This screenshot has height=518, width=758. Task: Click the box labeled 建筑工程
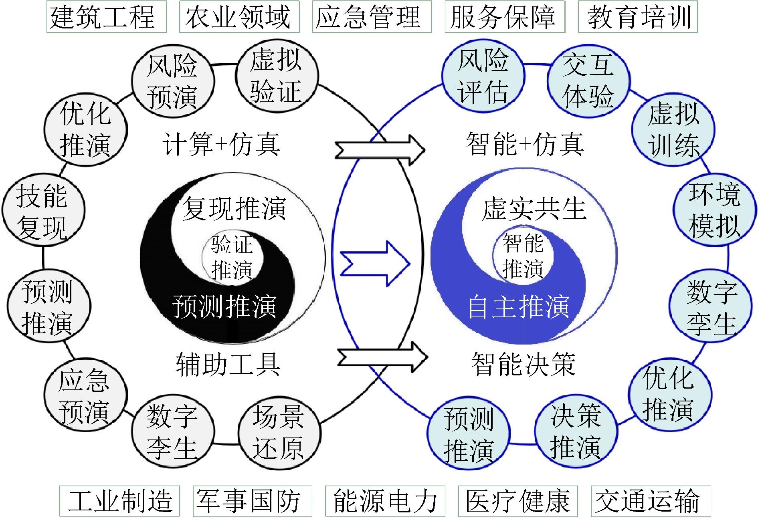(106, 16)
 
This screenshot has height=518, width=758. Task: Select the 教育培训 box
(638, 16)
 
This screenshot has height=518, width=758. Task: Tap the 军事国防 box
(252, 501)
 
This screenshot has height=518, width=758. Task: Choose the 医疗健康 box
(518, 501)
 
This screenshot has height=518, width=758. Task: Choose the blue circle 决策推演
(576, 430)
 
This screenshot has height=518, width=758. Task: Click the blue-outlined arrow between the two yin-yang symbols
(375, 264)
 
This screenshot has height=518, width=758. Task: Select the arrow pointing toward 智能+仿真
(380, 150)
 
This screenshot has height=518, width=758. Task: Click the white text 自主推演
(519, 307)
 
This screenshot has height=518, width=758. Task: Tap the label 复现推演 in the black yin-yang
(234, 209)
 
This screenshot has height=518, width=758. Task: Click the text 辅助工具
(228, 364)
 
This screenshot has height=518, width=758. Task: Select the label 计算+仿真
(221, 145)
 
